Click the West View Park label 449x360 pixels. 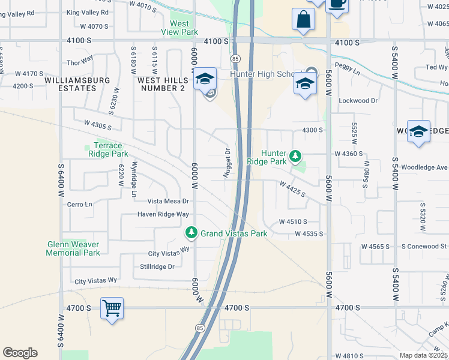point(180,28)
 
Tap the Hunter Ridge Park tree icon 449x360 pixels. point(295,156)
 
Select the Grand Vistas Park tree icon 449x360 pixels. point(191,232)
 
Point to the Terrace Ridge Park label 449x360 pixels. point(108,149)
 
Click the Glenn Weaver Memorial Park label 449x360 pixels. point(73,248)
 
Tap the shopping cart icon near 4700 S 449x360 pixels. point(112,309)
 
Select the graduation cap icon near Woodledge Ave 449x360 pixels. point(418,131)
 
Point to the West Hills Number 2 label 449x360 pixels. point(161,83)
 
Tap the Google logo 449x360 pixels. point(20,353)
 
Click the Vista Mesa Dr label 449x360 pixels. point(169,202)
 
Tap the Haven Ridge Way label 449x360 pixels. point(163,214)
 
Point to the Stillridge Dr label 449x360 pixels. point(157,266)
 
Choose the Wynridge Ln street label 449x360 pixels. point(134,179)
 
